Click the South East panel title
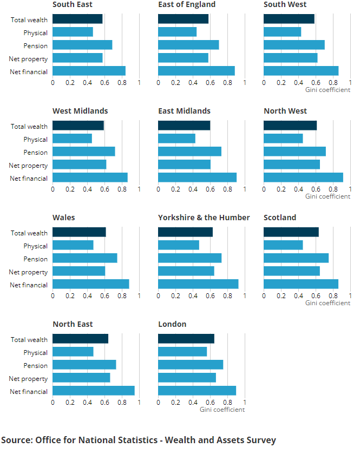(73, 4)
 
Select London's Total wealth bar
(186, 339)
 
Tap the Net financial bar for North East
(93, 391)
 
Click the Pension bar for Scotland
(296, 258)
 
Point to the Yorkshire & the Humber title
(204, 218)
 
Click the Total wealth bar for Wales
(79, 232)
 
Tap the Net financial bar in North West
(303, 177)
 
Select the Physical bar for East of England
(177, 32)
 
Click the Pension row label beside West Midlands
(36, 153)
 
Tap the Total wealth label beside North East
(29, 340)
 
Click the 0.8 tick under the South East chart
(122, 83)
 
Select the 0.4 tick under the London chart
(193, 403)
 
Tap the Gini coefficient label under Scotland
(328, 303)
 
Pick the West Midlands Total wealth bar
(78, 126)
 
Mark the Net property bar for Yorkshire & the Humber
(186, 271)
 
